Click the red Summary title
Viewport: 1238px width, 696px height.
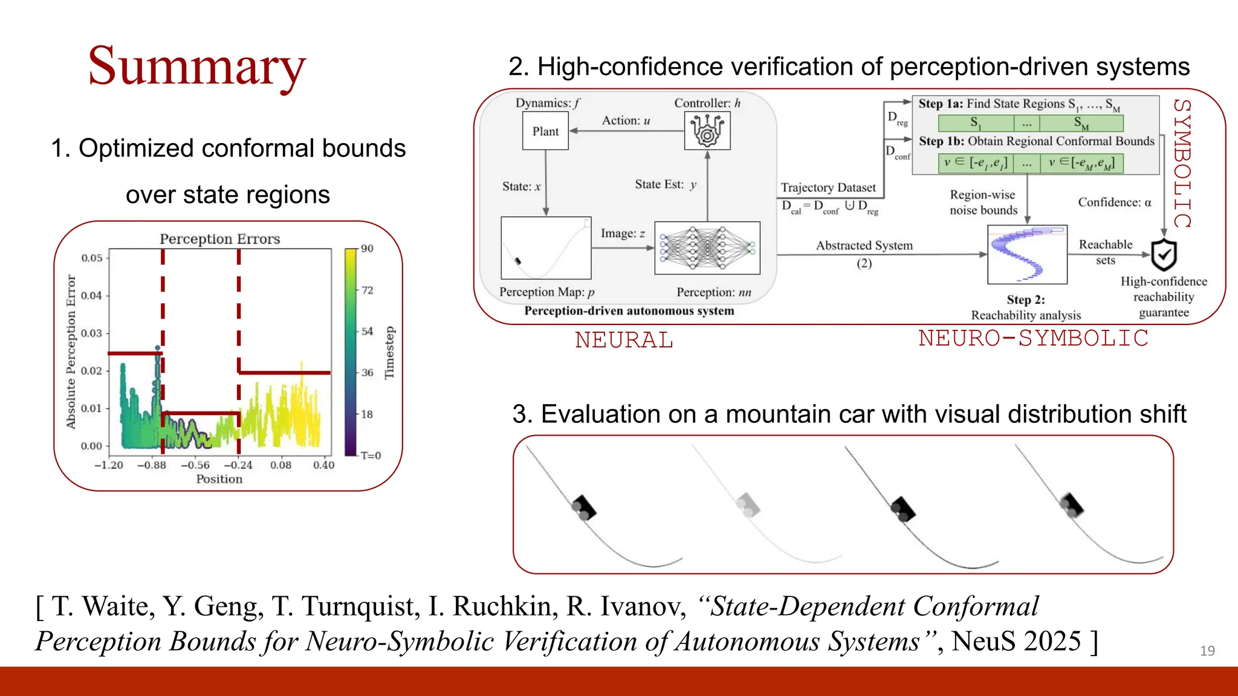(197, 66)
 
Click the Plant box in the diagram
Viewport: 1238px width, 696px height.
(545, 131)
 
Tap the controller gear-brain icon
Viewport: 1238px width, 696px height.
(707, 131)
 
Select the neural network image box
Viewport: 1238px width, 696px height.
(707, 248)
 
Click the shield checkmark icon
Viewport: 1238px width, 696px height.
(1164, 255)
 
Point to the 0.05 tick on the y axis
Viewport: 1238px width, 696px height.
(92, 258)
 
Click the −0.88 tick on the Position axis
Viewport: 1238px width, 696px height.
(152, 465)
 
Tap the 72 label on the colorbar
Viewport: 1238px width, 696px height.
(368, 290)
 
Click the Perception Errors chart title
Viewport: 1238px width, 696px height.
(219, 239)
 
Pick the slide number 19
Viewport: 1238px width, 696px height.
(1207, 651)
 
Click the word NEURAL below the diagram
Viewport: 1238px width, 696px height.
(624, 340)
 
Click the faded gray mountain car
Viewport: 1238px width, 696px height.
(748, 504)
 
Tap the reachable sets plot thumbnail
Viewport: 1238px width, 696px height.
(1027, 254)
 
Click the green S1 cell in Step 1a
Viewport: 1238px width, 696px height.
(976, 123)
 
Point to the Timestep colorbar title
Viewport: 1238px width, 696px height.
(389, 353)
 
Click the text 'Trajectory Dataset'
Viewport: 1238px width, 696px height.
(828, 188)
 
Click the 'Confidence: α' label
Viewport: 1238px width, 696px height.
(1115, 202)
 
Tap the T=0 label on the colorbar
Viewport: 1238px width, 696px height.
(371, 456)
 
